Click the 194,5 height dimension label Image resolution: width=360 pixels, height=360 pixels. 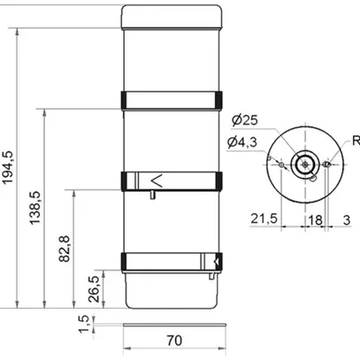pos(8,167)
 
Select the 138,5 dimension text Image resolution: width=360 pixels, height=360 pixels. pos(34,208)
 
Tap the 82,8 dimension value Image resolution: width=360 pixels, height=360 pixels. pos(65,249)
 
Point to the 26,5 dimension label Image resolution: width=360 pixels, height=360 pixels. pos(94,289)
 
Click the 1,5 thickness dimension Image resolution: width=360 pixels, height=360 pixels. pos(84,324)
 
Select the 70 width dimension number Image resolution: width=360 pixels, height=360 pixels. pos(174,341)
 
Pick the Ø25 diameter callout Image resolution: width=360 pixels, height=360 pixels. pos(244,120)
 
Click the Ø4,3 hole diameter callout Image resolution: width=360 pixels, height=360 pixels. pos(242,142)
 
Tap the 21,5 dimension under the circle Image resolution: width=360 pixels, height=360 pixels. pos(264,218)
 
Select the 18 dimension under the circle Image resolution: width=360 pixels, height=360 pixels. pos(315,220)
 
